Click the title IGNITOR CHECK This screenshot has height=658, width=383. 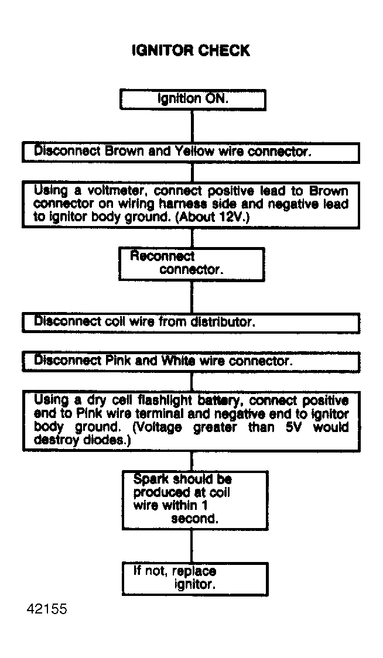[x=191, y=51]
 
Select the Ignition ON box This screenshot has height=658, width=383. [x=193, y=100]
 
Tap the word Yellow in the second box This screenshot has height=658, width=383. [x=194, y=151]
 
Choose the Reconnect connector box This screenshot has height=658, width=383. [x=191, y=263]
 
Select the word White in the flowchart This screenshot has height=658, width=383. [x=178, y=361]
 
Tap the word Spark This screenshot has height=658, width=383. [x=151, y=479]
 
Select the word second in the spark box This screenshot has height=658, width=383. [x=194, y=519]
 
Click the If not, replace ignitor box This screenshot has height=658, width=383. [x=194, y=578]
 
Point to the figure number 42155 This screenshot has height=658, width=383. [x=47, y=609]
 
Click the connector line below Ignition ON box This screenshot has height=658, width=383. [x=192, y=126]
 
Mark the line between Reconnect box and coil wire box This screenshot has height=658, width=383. [x=192, y=297]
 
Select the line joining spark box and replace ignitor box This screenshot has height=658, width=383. [x=192, y=546]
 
